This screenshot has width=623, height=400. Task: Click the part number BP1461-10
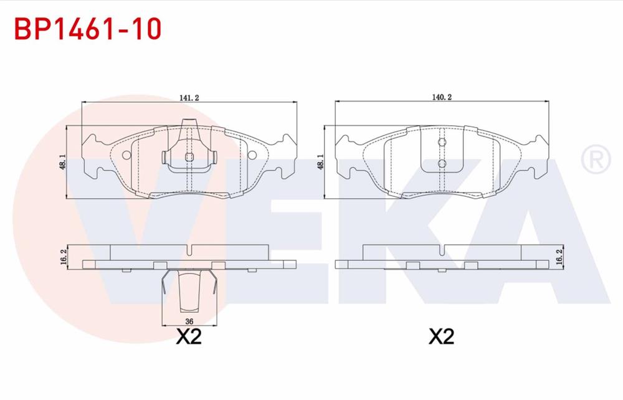coord(88,29)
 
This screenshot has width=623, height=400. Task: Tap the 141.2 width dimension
coord(189,98)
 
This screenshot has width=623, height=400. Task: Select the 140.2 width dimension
coord(442,97)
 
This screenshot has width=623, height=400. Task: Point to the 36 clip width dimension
coord(189,321)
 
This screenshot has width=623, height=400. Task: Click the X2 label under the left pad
coord(189,337)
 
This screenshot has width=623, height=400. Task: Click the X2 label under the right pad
coord(442,337)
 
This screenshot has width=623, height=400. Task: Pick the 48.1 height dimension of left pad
coord(62,162)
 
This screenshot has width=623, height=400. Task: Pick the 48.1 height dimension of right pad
coord(321,162)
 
